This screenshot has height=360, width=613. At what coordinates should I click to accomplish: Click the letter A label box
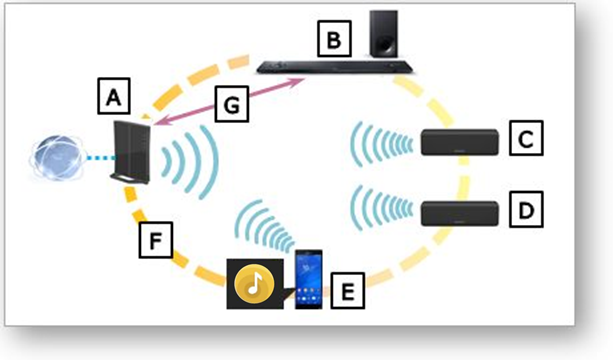[x=114, y=96]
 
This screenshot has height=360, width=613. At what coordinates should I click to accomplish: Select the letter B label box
[x=334, y=39]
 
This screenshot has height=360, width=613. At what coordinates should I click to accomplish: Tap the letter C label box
[x=526, y=138]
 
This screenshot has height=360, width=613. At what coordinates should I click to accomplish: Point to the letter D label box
[x=526, y=209]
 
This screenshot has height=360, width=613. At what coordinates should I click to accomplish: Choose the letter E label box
[x=348, y=291]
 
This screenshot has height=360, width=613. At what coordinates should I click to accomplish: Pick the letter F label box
[x=156, y=240]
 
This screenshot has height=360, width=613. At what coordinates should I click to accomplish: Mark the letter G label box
[x=232, y=104]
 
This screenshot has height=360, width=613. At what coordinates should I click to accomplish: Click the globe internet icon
[x=57, y=158]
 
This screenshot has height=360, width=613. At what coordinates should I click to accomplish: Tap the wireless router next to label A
[x=131, y=152]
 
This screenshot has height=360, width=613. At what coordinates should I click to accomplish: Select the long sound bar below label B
[x=335, y=67]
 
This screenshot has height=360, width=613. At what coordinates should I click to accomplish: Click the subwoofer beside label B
[x=384, y=34]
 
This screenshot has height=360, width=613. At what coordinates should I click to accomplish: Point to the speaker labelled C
[x=459, y=142]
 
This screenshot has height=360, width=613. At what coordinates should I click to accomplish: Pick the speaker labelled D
[x=459, y=213]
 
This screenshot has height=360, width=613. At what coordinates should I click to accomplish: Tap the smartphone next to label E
[x=308, y=279]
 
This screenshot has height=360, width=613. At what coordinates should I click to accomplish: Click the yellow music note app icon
[x=255, y=284]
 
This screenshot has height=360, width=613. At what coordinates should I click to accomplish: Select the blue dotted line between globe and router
[x=100, y=158]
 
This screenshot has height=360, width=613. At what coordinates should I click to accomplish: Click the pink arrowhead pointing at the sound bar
[x=299, y=81]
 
